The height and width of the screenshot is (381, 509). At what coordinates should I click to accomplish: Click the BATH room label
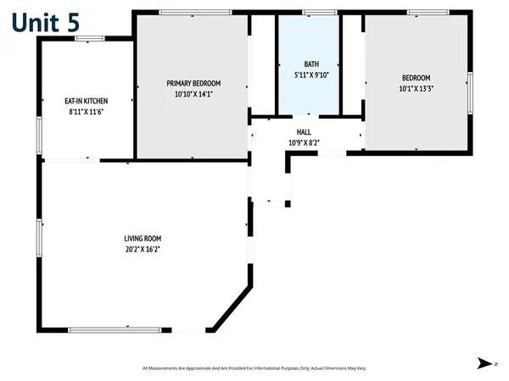click(310, 63)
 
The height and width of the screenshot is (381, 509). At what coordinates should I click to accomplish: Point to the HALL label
click(304, 132)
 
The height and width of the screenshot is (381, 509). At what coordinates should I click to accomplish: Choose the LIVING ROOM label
click(142, 238)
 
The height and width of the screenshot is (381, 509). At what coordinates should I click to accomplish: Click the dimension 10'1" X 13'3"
click(416, 88)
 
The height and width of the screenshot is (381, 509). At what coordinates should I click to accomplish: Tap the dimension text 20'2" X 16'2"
click(142, 249)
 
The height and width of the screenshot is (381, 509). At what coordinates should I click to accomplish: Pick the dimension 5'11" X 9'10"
click(310, 74)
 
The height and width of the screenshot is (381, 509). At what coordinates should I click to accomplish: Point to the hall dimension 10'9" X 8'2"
click(304, 142)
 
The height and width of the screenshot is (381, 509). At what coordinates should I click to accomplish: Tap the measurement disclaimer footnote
click(253, 367)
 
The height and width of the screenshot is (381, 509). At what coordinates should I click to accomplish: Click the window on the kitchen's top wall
click(89, 38)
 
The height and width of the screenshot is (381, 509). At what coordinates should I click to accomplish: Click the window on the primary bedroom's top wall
click(195, 13)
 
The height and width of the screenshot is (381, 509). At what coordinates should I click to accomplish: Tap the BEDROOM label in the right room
click(416, 77)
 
